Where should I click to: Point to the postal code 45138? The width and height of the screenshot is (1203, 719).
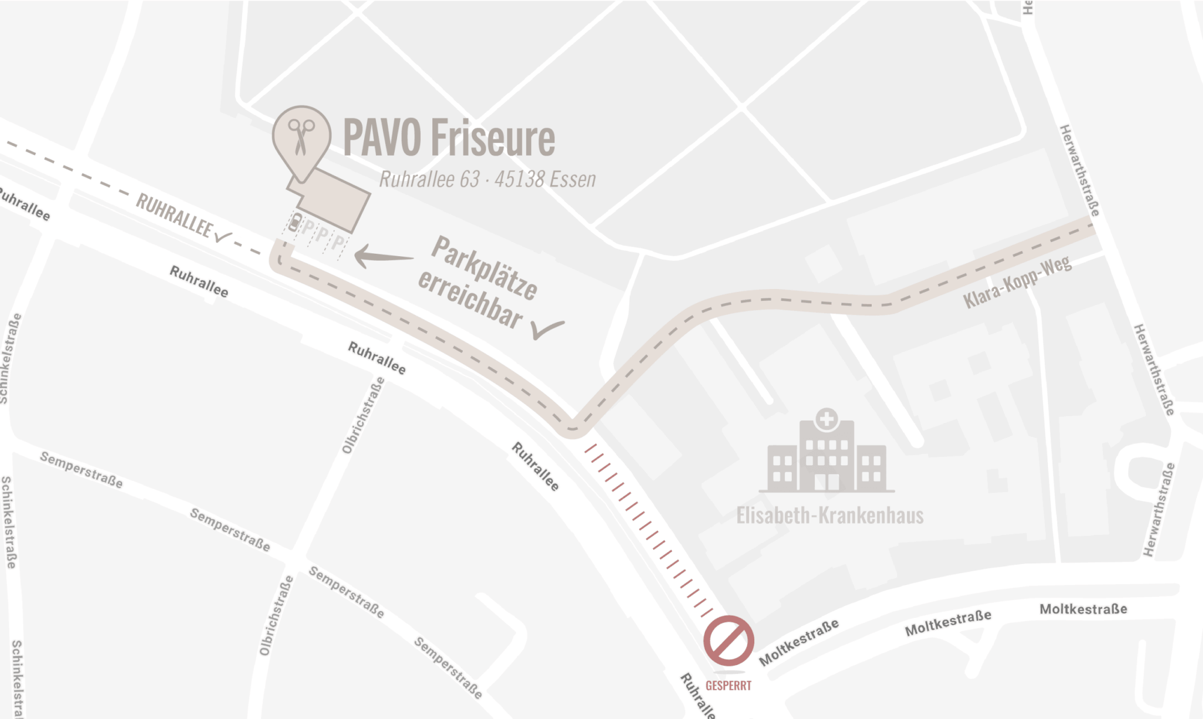point(519,179)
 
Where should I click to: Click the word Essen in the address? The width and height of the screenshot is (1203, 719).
point(574,179)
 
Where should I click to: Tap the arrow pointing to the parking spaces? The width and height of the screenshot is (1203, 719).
point(383,256)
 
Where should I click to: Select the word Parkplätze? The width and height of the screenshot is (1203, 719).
point(484,268)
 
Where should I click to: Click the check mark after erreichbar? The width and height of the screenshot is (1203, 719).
point(547,329)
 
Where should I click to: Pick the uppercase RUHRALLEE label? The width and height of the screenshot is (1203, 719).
point(173,216)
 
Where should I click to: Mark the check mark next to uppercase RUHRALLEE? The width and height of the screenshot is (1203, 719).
point(223,237)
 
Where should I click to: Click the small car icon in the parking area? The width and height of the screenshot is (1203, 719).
point(295,223)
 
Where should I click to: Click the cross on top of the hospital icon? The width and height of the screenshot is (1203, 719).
point(826,419)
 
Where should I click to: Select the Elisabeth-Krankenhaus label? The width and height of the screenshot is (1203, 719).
point(829,516)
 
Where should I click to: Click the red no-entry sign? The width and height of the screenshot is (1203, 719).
point(728,641)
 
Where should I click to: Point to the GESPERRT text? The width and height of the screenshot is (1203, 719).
point(728,686)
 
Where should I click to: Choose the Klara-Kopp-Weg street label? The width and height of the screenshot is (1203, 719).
point(1017,283)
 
